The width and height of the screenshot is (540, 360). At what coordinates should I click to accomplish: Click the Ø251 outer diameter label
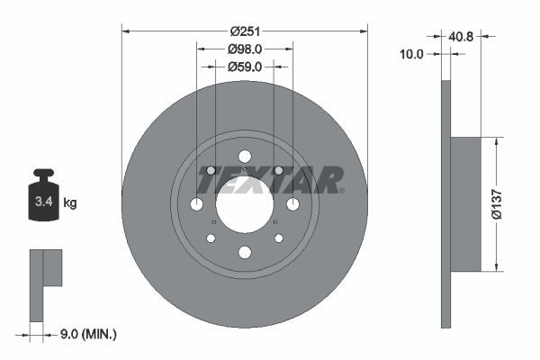pos(245,31)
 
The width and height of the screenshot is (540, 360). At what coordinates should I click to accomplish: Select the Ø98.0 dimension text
pos(245,49)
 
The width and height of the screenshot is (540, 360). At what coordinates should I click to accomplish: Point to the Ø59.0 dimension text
pos(245,66)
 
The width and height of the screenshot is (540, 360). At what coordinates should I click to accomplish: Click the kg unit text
pos(70,203)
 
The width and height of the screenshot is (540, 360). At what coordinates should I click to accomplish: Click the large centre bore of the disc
pos(244,203)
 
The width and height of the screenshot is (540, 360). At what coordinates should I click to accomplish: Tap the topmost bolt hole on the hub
pos(244,156)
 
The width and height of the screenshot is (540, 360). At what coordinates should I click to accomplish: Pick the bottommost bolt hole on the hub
pos(244,252)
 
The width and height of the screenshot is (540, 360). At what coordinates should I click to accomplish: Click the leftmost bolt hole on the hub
pos(196,204)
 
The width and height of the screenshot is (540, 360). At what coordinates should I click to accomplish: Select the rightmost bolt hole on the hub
pos(292,204)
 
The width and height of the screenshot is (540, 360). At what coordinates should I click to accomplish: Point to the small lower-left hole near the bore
pos(211,238)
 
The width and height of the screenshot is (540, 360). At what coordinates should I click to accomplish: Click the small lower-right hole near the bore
pos(278,238)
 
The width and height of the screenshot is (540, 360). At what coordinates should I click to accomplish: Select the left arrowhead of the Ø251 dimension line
pos(126,31)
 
